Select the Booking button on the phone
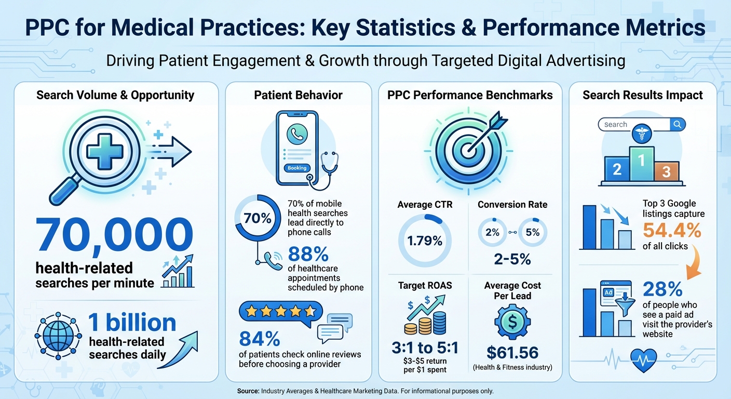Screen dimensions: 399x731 [297, 168]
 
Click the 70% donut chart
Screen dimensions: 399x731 [258, 218]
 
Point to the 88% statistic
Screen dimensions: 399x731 [308, 254]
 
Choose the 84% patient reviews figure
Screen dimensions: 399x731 [260, 339]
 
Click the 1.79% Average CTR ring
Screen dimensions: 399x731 [425, 241]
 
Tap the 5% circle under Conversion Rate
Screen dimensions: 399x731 [532, 232]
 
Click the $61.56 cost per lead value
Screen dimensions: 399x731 [512, 352]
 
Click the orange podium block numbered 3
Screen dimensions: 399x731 [666, 171]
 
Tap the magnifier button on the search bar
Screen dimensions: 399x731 [678, 125]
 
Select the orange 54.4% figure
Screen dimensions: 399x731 [672, 230]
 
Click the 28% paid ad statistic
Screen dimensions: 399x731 [661, 289]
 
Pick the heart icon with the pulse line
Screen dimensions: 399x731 [643, 359]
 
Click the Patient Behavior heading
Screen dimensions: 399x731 [298, 95]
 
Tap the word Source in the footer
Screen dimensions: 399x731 [249, 391]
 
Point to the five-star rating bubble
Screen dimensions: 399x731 [280, 311]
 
